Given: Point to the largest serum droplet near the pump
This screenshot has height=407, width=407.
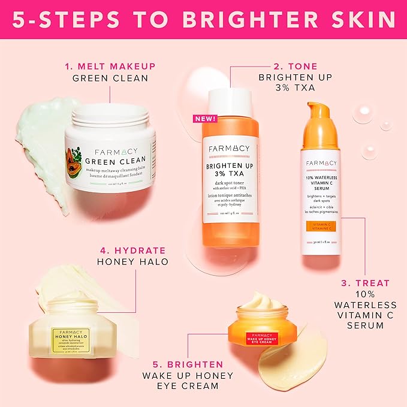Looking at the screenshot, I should (363, 113).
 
